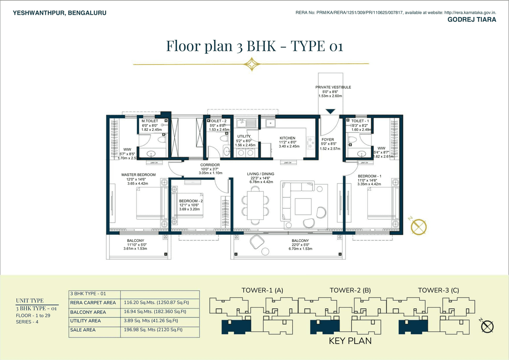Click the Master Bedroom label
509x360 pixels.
[138, 175]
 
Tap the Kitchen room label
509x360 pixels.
[287, 138]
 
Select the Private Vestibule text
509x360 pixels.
[333, 87]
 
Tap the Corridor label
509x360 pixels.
[210, 165]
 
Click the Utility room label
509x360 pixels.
[244, 136]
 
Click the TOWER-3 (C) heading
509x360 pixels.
[438, 290]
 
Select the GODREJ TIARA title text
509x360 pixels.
[472, 19]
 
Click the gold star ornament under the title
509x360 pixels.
[251, 64]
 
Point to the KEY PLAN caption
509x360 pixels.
[350, 341]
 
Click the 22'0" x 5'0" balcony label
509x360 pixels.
[300, 245]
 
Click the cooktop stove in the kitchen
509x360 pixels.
[310, 142]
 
